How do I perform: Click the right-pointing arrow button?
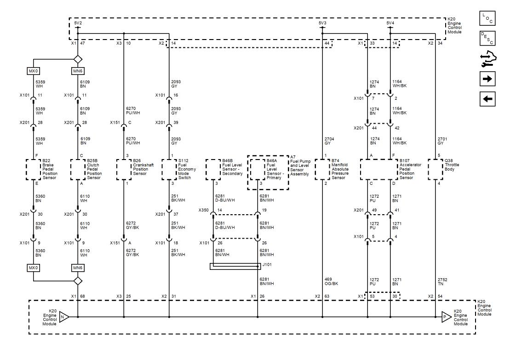tap(487, 79)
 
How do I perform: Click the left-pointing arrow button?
tap(487, 99)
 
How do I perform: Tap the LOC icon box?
tap(487, 18)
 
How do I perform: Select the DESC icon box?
tap(487, 38)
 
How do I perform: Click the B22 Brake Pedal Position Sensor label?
tap(50, 169)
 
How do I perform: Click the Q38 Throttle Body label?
tap(452, 165)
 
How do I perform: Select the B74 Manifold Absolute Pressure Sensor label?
tap(340, 169)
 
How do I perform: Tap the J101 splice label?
tap(267, 264)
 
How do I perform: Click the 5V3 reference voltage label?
tap(322, 23)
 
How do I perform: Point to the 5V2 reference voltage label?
tap(78, 23)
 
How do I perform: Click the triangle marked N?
tap(64, 317)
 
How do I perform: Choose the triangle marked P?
tap(446, 317)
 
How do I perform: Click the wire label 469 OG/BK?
tap(331, 281)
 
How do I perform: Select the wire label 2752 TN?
tap(442, 281)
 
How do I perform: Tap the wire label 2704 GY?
tap(329, 141)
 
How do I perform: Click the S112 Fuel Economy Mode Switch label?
tap(187, 169)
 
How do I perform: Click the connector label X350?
tap(203, 210)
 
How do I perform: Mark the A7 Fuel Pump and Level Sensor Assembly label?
tap(300, 166)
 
